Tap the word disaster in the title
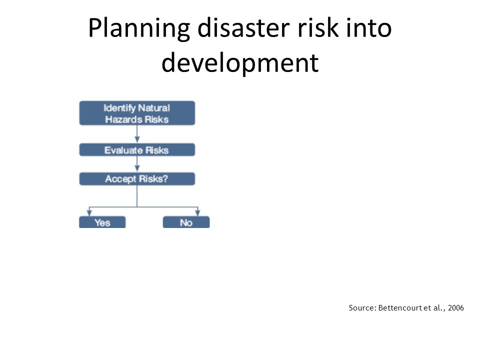(x=243, y=27)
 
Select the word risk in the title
(x=318, y=27)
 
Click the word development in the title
(x=240, y=63)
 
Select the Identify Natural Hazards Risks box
(x=137, y=113)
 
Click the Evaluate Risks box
(x=137, y=149)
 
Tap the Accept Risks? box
(x=137, y=179)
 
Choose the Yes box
(x=102, y=222)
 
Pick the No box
(x=186, y=222)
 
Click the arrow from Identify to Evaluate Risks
(x=137, y=134)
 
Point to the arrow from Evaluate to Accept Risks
(x=137, y=164)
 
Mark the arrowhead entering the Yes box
(x=89, y=213)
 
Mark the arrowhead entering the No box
(x=198, y=213)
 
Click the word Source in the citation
(x=361, y=307)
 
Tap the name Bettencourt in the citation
(x=400, y=307)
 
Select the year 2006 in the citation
(x=456, y=307)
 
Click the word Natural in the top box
(x=154, y=108)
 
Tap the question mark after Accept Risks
(x=165, y=178)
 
